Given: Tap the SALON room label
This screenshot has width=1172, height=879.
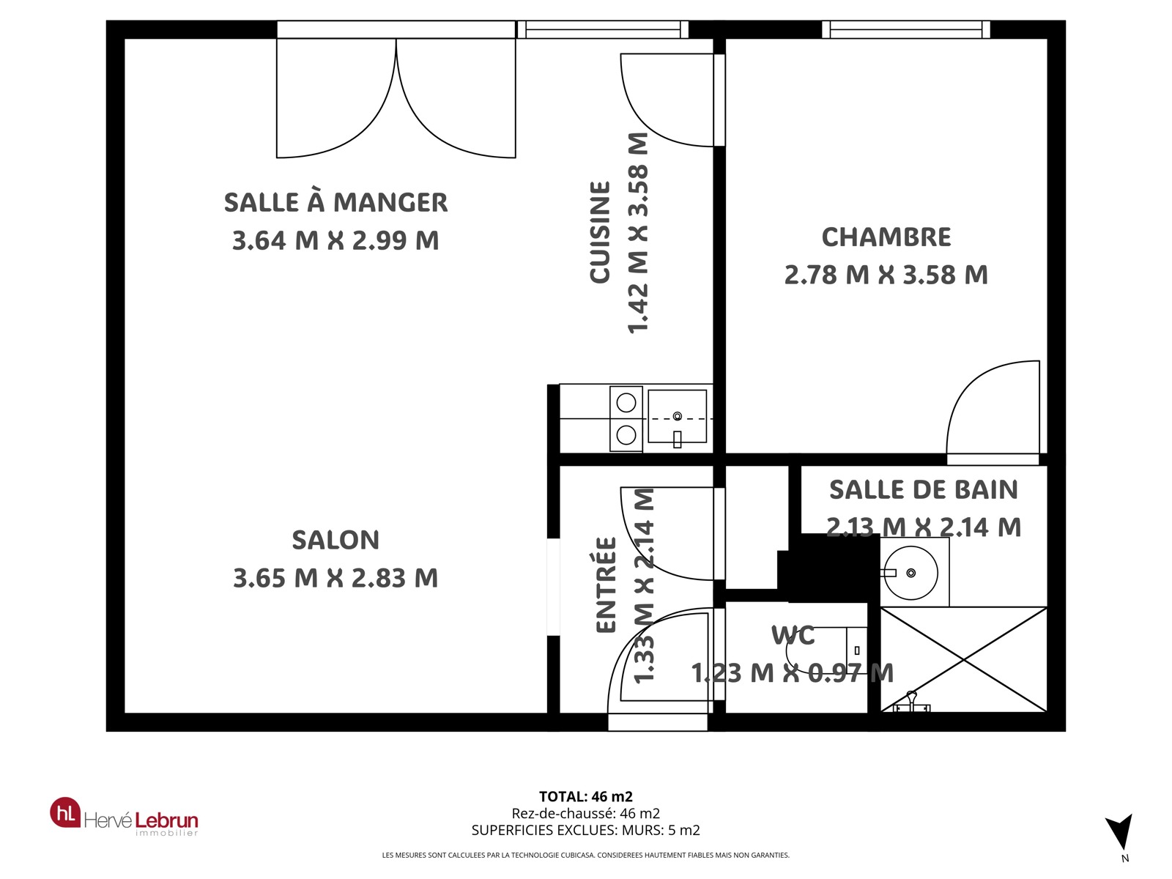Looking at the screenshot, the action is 335,540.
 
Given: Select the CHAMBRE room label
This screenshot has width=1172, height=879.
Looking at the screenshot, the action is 886,237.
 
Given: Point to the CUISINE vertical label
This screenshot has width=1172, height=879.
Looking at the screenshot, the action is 600,232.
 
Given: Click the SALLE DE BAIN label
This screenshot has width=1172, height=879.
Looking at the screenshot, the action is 923,490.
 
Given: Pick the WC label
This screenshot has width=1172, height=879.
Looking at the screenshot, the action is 793,636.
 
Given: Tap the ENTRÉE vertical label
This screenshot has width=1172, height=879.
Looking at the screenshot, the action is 606,585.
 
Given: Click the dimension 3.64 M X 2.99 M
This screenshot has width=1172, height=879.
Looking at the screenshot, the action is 335,240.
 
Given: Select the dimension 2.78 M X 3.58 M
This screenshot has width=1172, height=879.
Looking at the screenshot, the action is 886,275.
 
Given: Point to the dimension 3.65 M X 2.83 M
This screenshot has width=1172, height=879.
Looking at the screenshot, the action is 335,578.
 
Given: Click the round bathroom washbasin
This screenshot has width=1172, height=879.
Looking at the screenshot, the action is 910,573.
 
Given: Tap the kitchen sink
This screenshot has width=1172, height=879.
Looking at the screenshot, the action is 677,416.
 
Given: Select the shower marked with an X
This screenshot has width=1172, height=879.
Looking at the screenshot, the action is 963,659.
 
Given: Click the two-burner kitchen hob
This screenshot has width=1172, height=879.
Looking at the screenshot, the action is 626,419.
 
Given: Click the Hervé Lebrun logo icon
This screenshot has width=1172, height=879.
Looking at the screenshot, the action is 65,813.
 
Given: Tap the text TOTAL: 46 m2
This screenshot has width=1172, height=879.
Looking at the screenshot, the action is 586,797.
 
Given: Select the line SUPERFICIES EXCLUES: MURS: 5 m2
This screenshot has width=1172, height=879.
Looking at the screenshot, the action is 586,831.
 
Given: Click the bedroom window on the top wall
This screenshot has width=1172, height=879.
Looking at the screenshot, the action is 905,29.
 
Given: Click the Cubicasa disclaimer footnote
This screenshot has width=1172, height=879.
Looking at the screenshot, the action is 586,855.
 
